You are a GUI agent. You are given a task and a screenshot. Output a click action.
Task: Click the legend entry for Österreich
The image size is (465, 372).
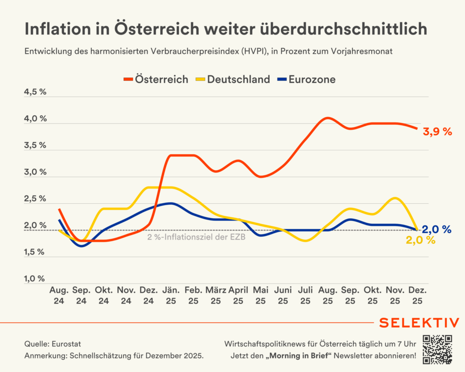156,79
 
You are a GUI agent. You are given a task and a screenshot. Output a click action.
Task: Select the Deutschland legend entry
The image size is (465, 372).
232,79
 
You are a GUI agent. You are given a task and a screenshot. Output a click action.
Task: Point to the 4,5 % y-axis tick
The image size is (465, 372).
35,92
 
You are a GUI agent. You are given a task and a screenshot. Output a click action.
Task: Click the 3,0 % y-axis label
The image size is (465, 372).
35,172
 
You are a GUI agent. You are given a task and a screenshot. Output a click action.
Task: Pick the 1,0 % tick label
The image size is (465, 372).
35,279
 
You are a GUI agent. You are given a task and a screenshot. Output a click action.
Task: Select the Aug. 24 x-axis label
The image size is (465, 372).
59,295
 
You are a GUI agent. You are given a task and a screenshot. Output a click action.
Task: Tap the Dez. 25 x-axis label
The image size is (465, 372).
417,295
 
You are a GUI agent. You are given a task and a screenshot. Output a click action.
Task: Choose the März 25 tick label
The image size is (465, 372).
216,295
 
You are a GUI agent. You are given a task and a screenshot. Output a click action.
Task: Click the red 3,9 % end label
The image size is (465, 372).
437,132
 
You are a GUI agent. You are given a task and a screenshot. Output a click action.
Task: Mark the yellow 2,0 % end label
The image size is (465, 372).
420,241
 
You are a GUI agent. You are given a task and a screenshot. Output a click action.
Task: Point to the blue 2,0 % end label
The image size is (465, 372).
436,230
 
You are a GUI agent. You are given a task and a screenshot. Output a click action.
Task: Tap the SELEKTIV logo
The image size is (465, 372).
419,323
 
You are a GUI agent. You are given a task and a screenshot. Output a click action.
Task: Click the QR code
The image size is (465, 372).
438,349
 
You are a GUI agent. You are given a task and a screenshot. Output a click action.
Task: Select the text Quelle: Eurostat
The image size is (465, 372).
53,344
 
